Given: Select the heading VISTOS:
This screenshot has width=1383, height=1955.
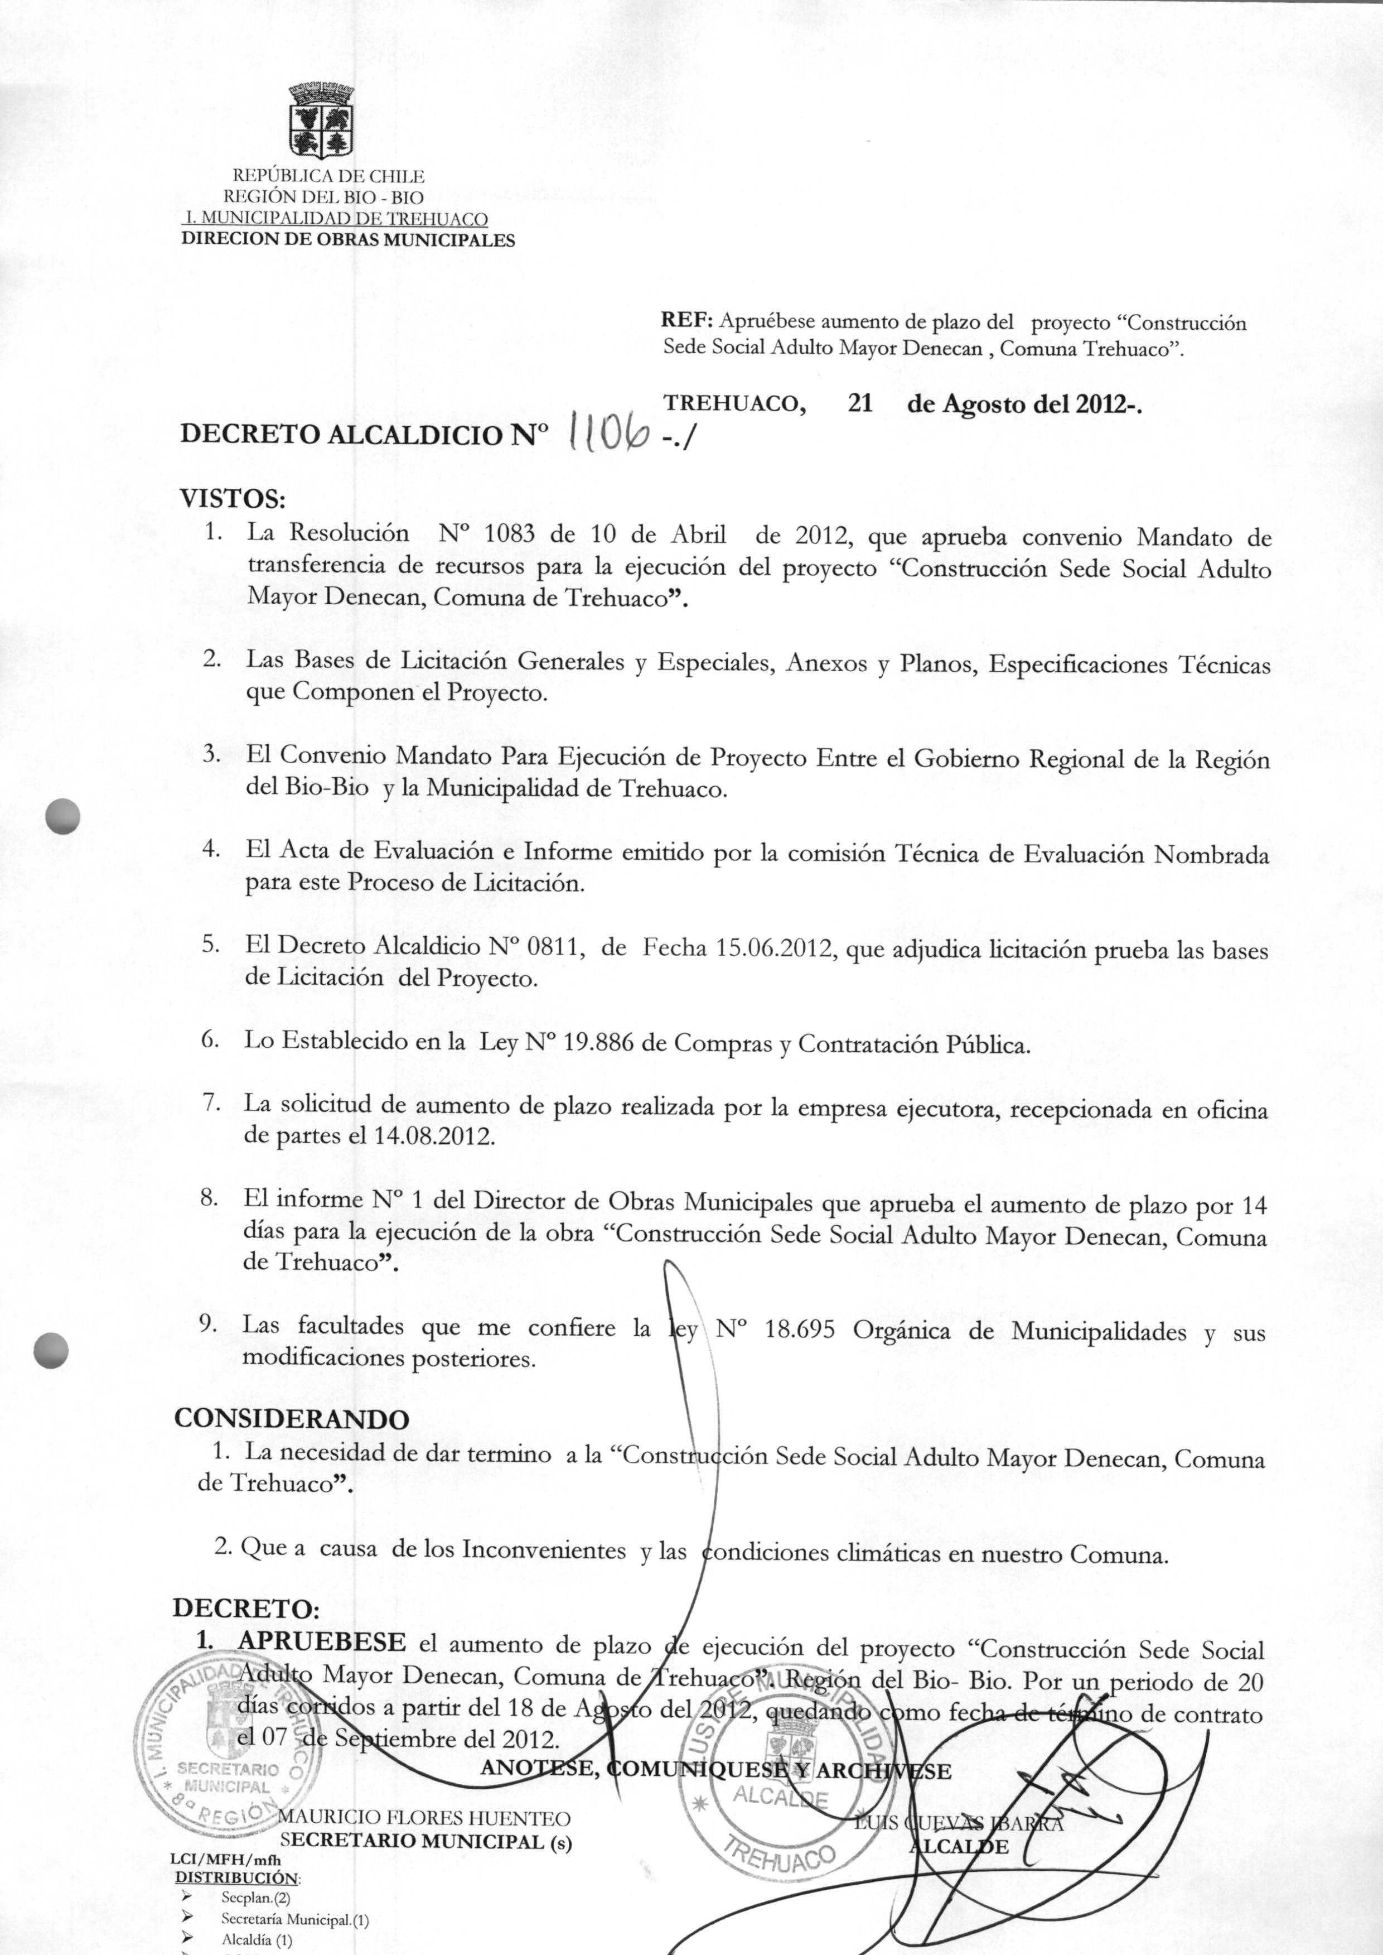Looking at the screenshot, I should point(231,498).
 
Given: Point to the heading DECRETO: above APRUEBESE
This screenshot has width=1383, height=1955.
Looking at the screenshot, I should point(246,1609).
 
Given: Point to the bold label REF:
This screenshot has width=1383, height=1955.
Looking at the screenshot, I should point(686,322).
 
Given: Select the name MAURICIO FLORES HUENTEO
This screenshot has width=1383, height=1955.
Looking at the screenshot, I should point(424,1819).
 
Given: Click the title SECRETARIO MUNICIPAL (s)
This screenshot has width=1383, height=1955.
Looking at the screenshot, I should point(426,1842).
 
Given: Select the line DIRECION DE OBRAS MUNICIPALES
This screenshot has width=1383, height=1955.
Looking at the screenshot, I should point(349,239).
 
